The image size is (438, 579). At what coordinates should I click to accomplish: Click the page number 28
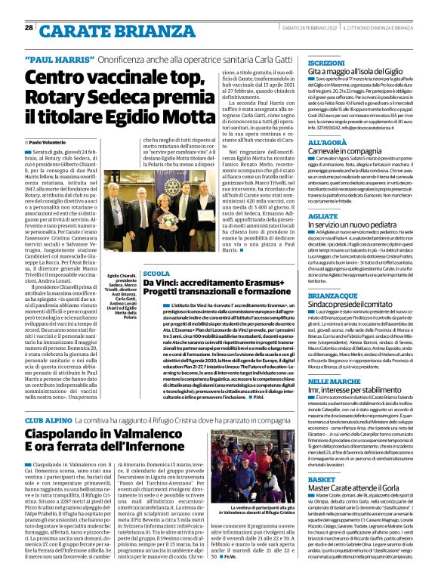pos(29,27)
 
